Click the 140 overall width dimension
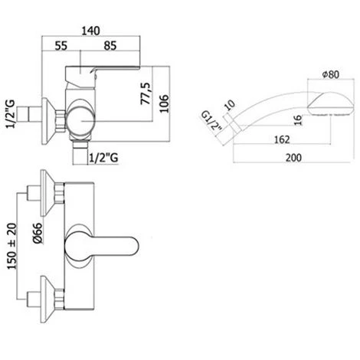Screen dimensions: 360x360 tap(90, 31)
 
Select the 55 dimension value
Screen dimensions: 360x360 tap(61, 46)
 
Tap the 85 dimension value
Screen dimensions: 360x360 tap(110, 46)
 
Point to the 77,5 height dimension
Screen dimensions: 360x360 tap(146, 93)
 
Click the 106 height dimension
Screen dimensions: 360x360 tap(164, 103)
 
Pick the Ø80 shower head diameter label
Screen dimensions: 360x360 tap(331, 74)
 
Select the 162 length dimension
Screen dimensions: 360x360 tap(282, 139)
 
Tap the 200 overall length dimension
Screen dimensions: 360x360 tap(293, 158)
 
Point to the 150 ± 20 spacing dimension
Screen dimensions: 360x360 tap(11, 246)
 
